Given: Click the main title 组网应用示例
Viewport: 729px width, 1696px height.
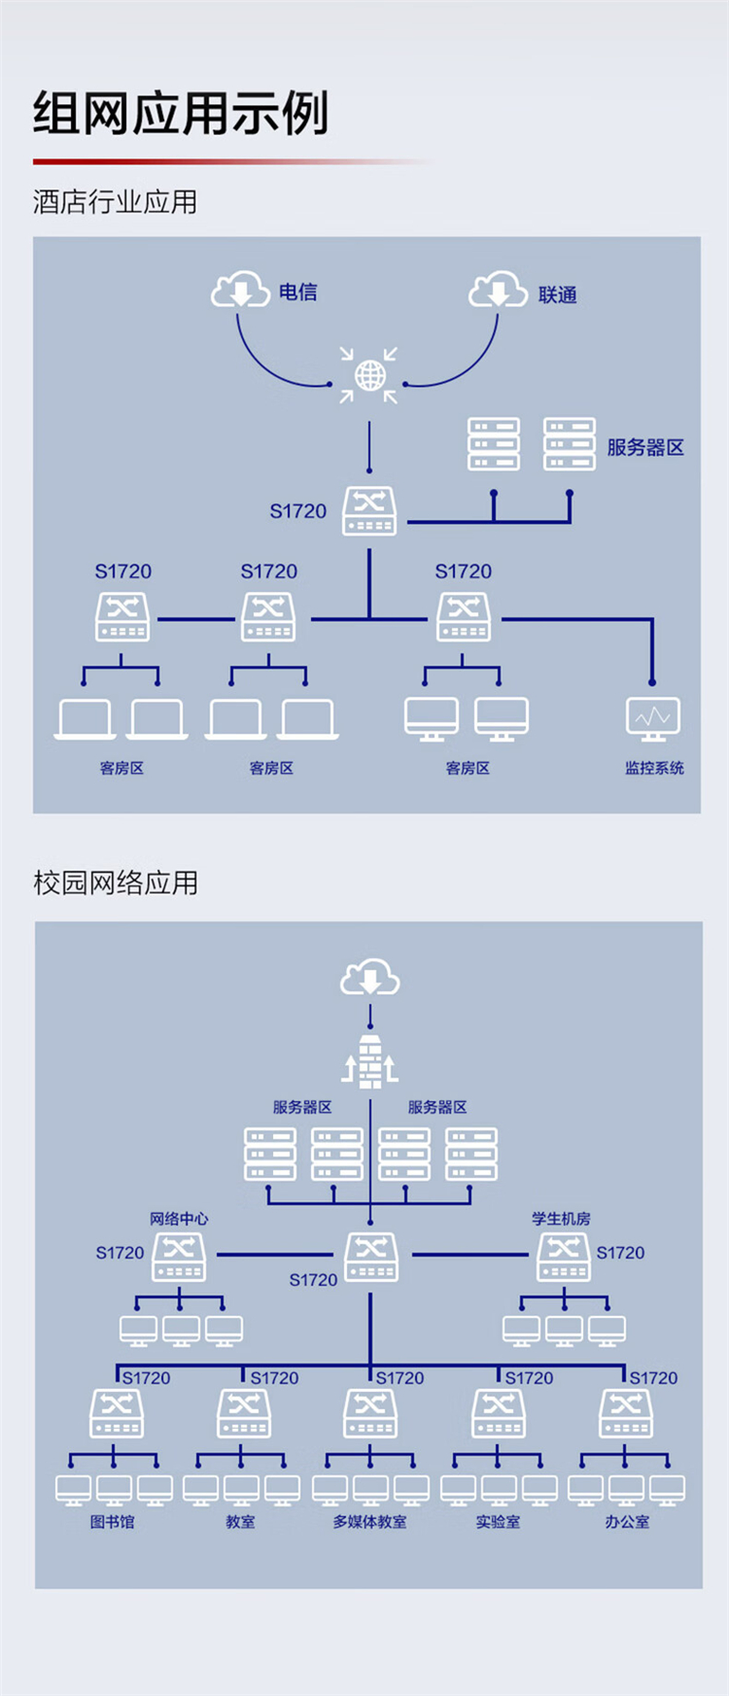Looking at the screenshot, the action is (x=181, y=114).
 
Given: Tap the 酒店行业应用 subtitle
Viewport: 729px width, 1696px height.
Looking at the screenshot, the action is (x=116, y=202).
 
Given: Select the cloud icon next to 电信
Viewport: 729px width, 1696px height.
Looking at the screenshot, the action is (x=241, y=290).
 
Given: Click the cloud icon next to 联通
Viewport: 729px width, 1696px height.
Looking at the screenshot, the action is (x=499, y=290).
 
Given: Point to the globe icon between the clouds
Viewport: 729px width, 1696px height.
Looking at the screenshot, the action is (x=369, y=375).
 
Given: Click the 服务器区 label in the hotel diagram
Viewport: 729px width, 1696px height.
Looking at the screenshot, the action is (x=645, y=447).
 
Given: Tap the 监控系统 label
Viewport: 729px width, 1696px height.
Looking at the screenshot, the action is (x=654, y=768).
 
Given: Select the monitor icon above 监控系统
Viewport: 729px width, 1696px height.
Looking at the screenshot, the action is (x=653, y=719).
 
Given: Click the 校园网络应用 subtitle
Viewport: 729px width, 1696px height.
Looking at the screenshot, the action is (x=116, y=883).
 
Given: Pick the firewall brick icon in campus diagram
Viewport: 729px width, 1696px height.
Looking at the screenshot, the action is (x=370, y=1060).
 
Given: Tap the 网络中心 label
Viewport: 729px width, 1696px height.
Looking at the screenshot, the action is (x=179, y=1219).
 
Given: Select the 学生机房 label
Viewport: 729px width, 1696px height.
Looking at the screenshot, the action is (x=561, y=1219).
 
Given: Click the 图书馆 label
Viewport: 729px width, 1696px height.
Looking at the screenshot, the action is (x=113, y=1522).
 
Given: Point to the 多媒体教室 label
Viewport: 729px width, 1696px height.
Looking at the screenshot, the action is (x=370, y=1522).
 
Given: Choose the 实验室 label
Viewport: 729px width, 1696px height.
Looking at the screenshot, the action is (x=498, y=1522).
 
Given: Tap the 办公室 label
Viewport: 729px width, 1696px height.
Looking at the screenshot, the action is (x=627, y=1522).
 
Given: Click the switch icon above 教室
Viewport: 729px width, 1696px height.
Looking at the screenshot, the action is (x=243, y=1413).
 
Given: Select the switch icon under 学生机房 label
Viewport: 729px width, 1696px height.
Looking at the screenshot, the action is (x=564, y=1258).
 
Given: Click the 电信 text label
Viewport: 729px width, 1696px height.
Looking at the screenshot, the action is (x=297, y=292).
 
